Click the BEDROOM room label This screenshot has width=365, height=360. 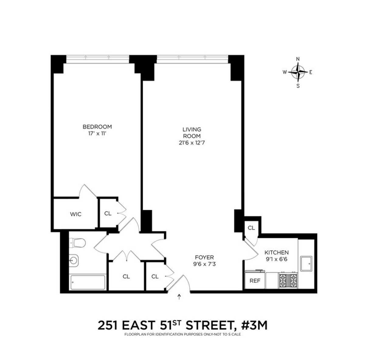pyautogui.click(x=97, y=127)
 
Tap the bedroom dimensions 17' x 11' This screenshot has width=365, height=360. pyautogui.click(x=97, y=133)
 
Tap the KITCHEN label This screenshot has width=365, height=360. pyautogui.click(x=276, y=252)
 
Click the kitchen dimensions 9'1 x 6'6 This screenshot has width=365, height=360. pyautogui.click(x=276, y=259)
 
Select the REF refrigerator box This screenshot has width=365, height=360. pyautogui.click(x=255, y=281)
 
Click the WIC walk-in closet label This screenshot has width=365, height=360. pyautogui.click(x=75, y=214)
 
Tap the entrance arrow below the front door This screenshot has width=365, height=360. pyautogui.click(x=179, y=297)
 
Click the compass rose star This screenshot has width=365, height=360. pyautogui.click(x=298, y=72)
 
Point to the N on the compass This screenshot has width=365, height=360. pyautogui.click(x=298, y=59)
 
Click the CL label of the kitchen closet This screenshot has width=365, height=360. pyautogui.click(x=251, y=228)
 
